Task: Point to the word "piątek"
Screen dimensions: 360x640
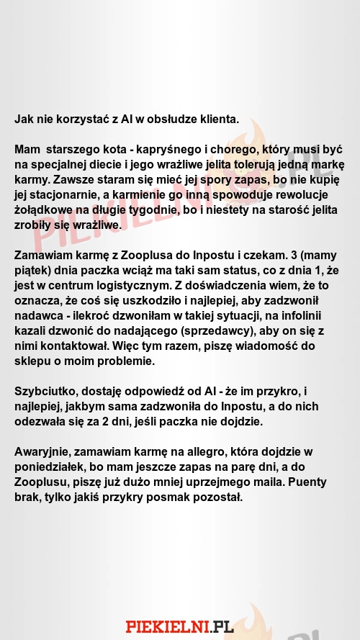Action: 33,271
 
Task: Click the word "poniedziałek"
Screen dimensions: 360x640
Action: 49,467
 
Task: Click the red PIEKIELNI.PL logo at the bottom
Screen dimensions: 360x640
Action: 180,626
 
